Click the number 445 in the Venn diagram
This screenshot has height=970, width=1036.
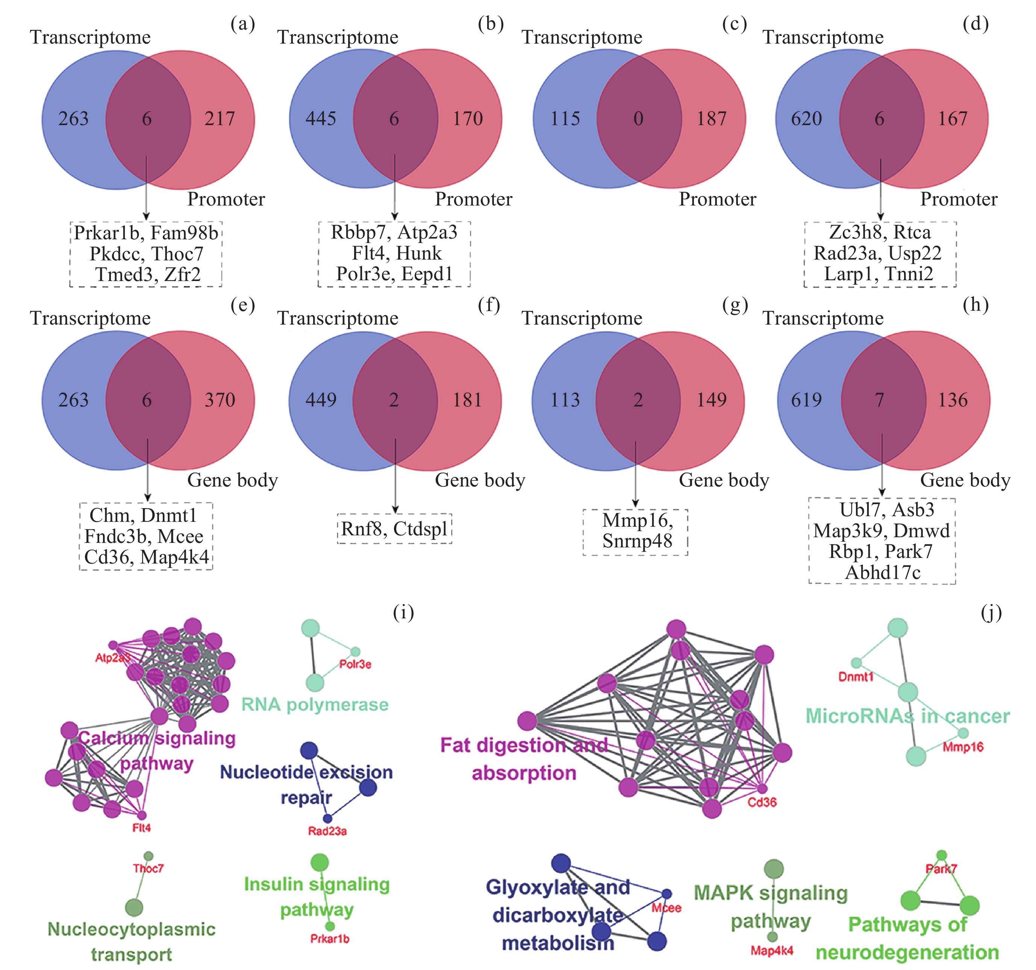[321, 119]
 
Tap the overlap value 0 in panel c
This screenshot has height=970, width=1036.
[638, 119]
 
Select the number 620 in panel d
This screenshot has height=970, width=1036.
[806, 119]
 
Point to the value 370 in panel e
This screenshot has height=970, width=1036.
[220, 400]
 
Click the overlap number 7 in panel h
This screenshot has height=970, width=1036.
[879, 400]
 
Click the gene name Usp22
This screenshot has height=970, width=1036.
[915, 253]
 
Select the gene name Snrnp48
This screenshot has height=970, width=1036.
[637, 541]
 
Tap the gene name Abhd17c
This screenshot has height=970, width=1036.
[883, 573]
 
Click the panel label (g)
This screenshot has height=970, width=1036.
[735, 305]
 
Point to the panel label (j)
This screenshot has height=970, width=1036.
[991, 613]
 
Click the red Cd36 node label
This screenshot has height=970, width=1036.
[762, 802]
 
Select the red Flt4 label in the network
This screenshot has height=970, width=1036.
[141, 828]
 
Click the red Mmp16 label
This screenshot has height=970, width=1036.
[963, 747]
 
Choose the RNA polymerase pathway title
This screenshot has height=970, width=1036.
[315, 704]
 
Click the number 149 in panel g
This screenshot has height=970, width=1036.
[712, 400]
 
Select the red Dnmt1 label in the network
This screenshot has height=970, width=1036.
[856, 677]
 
